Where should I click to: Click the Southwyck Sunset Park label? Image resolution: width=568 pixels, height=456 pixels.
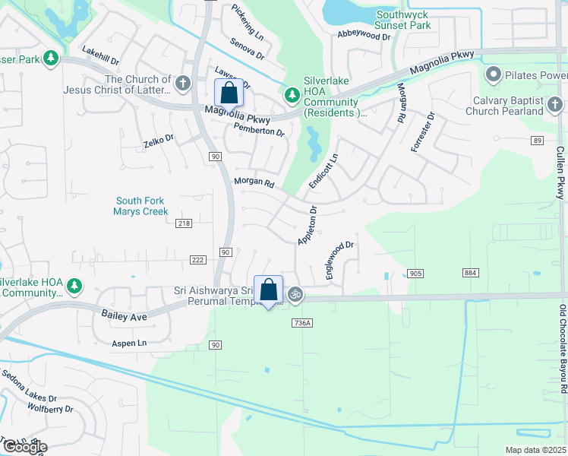coord(403,20)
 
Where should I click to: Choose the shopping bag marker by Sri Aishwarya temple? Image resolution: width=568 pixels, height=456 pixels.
coord(268,290)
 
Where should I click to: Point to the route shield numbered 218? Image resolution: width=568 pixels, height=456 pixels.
coord(184,223)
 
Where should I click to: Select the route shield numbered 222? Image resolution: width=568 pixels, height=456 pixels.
coord(197,260)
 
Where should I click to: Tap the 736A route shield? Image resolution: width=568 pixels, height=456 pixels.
coord(301,323)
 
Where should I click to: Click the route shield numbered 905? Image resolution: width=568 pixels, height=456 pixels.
coord(415,273)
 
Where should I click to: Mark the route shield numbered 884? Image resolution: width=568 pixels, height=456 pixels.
coord(469,273)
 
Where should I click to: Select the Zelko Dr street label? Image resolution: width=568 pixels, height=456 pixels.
coord(159,141)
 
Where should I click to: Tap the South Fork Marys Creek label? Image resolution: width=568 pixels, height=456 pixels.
coord(140,206)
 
